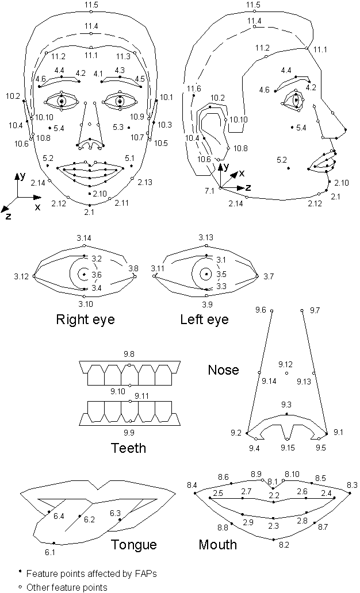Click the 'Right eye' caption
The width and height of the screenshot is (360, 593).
(x=85, y=319)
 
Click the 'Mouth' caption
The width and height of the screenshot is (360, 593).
(x=217, y=544)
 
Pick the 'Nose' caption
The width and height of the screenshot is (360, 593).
(x=223, y=369)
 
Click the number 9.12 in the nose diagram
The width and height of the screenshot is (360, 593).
(x=285, y=364)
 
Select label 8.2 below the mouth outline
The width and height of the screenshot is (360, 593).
(x=284, y=544)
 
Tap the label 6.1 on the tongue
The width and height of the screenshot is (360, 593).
(x=50, y=552)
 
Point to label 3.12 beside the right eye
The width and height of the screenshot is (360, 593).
(x=21, y=276)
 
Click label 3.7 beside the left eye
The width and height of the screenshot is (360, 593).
(x=268, y=276)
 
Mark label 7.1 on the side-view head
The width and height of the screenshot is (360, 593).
(x=209, y=190)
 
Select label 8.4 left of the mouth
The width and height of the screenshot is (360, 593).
(x=192, y=486)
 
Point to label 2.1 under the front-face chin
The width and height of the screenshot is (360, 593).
(x=89, y=213)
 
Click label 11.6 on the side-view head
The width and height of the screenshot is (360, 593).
(x=194, y=88)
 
